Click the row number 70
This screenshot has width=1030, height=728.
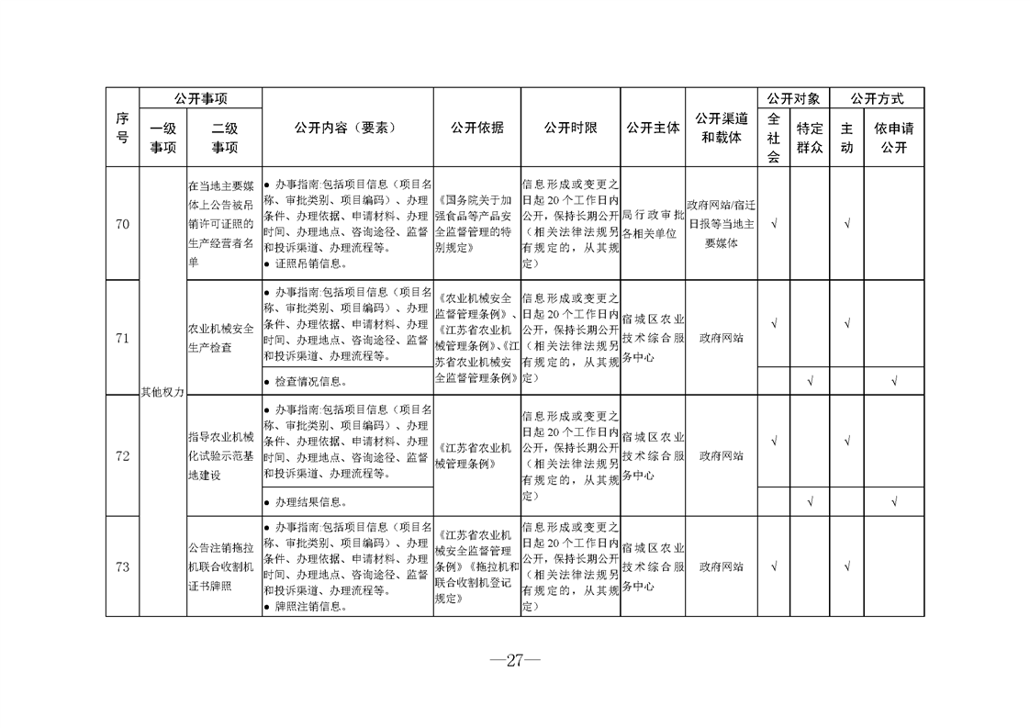122,222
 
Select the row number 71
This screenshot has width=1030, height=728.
122,338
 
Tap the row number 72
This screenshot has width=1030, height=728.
122,455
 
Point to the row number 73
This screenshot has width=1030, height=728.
122,566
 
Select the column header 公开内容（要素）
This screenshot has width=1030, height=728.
348,129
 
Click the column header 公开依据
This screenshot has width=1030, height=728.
476,129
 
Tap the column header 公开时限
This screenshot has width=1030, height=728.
570,129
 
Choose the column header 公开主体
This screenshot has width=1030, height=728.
653,129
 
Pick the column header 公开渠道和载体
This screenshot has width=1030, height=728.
722,129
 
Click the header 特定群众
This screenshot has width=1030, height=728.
810,138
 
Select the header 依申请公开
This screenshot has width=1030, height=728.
894,138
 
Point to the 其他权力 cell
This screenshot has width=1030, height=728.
162,392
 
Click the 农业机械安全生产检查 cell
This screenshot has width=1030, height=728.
221,338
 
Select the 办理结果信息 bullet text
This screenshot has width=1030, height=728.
311,502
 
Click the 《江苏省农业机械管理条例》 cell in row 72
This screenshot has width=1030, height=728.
476,455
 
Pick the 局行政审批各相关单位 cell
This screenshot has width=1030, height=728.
653,223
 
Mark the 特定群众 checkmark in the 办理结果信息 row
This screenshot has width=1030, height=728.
810,502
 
